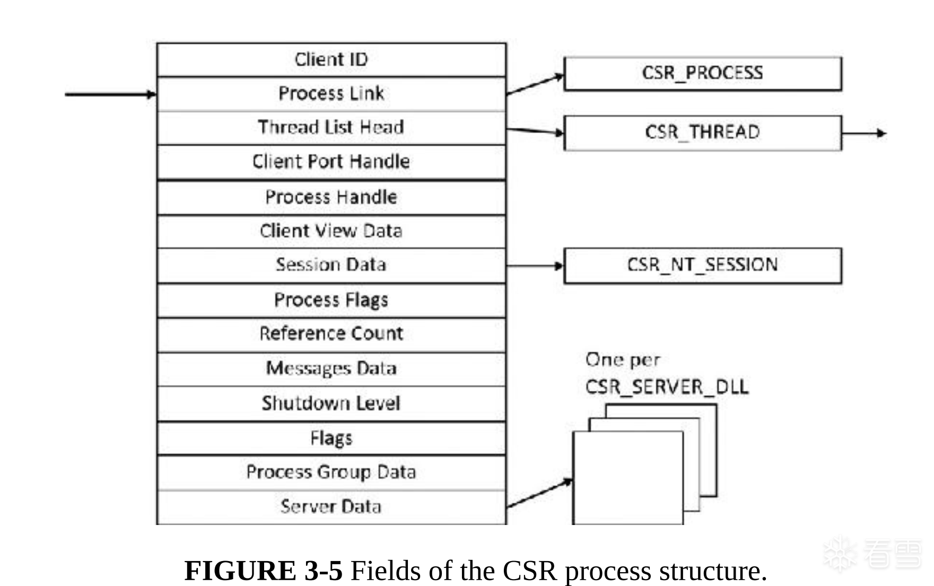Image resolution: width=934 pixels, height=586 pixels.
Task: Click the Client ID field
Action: (331, 59)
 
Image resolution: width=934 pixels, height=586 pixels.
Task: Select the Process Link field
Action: (331, 93)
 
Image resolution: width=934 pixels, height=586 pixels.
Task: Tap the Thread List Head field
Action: (331, 127)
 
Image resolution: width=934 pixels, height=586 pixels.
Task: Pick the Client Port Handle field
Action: (331, 161)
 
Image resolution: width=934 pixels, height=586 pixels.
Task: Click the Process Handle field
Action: (331, 197)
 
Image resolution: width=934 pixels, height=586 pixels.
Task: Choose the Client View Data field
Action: (331, 231)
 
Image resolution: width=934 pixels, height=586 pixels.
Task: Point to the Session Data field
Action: (331, 264)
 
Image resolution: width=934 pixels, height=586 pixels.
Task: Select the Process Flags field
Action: (331, 300)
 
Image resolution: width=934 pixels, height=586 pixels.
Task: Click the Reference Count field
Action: (331, 334)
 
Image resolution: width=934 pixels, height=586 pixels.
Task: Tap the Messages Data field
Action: (331, 368)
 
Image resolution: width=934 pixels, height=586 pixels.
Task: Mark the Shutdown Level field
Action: (331, 403)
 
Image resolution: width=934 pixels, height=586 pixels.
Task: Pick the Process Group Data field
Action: (331, 472)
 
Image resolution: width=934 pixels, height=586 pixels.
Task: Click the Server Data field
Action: (331, 506)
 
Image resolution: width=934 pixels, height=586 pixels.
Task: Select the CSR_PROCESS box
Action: (702, 73)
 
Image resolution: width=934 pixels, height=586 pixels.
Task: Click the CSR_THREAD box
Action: (702, 132)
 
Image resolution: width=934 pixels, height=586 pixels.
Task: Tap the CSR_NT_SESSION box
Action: (702, 265)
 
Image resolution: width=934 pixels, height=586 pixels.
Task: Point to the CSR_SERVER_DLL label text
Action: (667, 387)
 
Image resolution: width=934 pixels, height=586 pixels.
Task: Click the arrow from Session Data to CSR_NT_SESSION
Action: (535, 265)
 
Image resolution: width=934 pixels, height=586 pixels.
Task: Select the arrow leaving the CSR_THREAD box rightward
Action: (863, 133)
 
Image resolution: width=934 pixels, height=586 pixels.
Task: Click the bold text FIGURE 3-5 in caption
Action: (263, 571)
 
